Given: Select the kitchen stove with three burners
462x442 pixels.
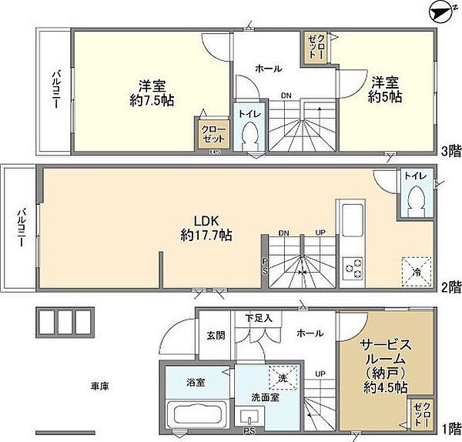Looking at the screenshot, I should click(x=353, y=266).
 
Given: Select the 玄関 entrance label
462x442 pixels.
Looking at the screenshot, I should click(x=216, y=335).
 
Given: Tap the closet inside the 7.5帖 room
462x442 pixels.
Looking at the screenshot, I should click(x=213, y=134).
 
